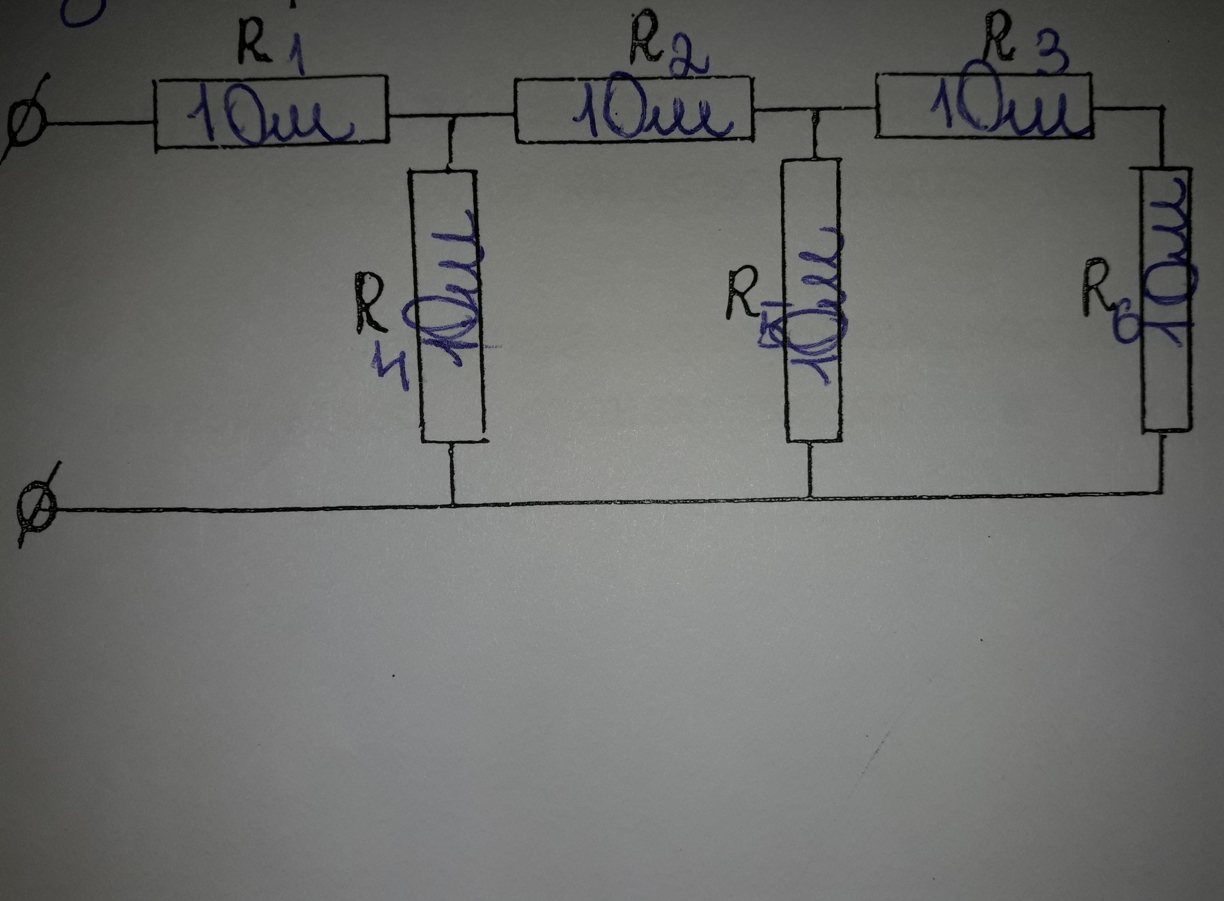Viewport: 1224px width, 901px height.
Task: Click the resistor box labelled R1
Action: [271, 113]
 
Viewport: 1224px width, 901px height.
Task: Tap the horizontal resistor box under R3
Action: [984, 105]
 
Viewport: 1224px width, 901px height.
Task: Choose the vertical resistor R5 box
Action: [812, 300]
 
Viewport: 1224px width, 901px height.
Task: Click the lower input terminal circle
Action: [37, 508]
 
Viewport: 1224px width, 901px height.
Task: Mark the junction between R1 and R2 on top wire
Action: [452, 116]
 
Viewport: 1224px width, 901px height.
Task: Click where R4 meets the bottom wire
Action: [452, 506]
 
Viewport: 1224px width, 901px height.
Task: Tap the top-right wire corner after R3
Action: [1159, 108]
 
